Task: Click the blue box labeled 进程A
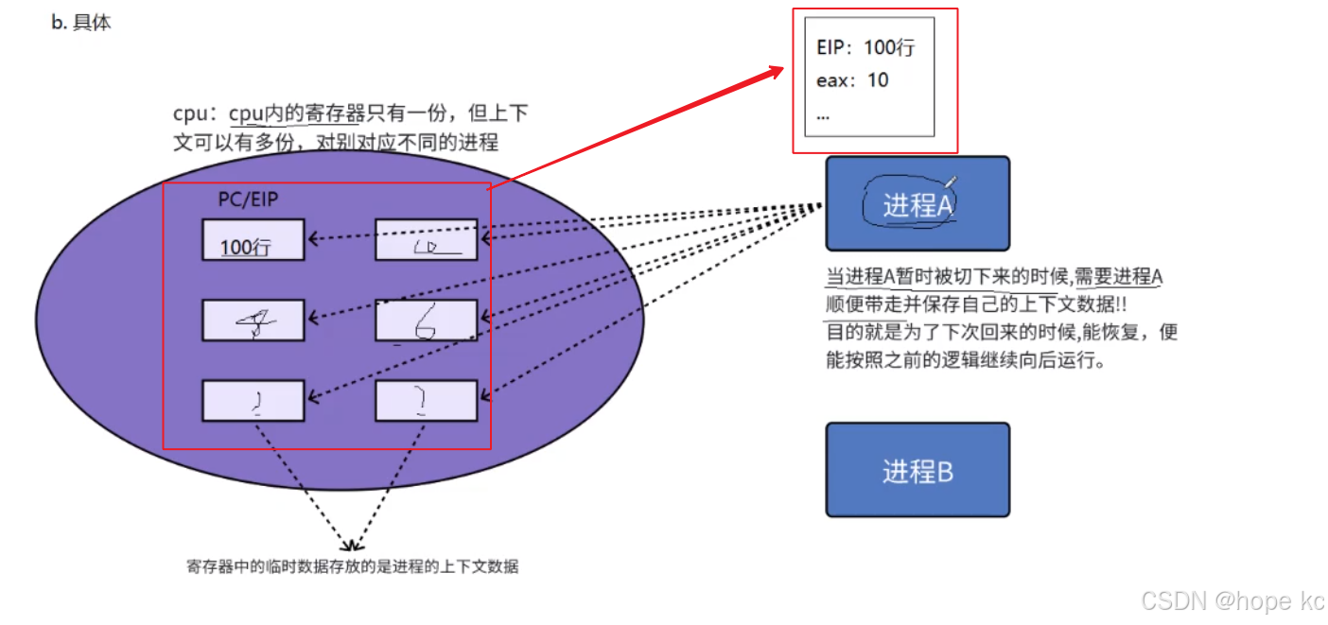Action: click(x=917, y=203)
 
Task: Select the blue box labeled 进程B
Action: click(x=917, y=470)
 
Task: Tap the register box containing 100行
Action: click(x=253, y=240)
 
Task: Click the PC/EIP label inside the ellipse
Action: click(x=249, y=200)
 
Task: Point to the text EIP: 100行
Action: click(x=865, y=48)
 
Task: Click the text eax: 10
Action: click(x=852, y=80)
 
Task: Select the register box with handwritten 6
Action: click(x=427, y=321)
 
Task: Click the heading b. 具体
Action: click(x=81, y=23)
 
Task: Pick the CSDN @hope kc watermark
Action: click(x=1232, y=600)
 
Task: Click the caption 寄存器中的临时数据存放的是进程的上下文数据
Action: click(x=352, y=567)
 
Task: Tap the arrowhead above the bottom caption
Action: click(x=351, y=546)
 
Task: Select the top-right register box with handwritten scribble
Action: click(x=427, y=240)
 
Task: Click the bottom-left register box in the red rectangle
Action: click(x=253, y=401)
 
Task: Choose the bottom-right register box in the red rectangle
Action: click(x=427, y=401)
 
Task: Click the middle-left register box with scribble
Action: click(x=253, y=321)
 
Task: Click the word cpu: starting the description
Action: click(x=196, y=114)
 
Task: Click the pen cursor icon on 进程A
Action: click(x=951, y=182)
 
